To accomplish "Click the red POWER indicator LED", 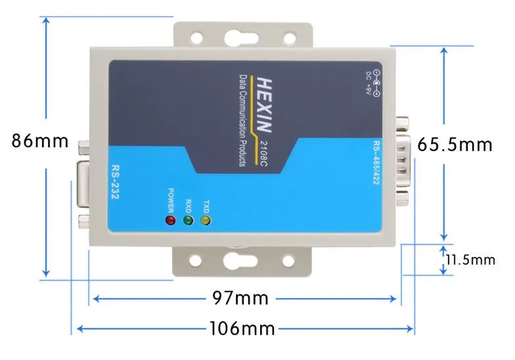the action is pos(170,221).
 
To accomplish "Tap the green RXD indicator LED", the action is pos(188,221).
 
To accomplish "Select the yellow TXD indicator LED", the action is pos(206,221).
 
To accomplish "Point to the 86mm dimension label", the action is pos(40,141).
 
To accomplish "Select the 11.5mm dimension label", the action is pos(470,260).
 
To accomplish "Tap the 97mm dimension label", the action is pos(240,298).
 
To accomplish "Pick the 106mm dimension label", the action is pos(242,327).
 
